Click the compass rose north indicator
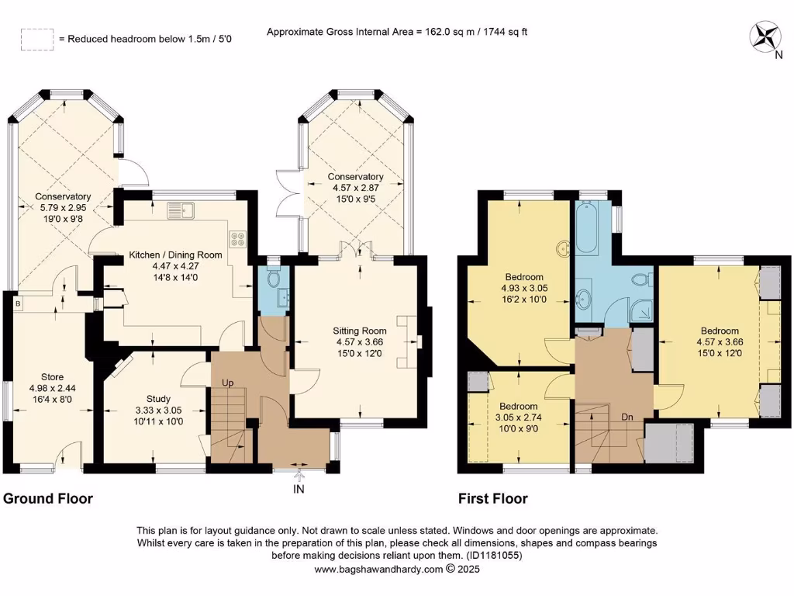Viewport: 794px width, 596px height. pos(768,37)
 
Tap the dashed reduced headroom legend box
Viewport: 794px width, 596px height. pos(36,39)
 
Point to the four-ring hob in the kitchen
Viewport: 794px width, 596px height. pos(237,240)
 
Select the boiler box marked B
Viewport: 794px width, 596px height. pos(17,303)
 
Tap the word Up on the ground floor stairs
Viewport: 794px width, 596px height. pos(229,383)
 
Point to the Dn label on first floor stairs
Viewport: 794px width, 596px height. pos(628,418)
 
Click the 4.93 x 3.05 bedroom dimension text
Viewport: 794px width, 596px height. pos(524,288)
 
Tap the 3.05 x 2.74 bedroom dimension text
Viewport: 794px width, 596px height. pos(518,418)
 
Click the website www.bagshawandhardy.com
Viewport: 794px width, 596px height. pos(378,569)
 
